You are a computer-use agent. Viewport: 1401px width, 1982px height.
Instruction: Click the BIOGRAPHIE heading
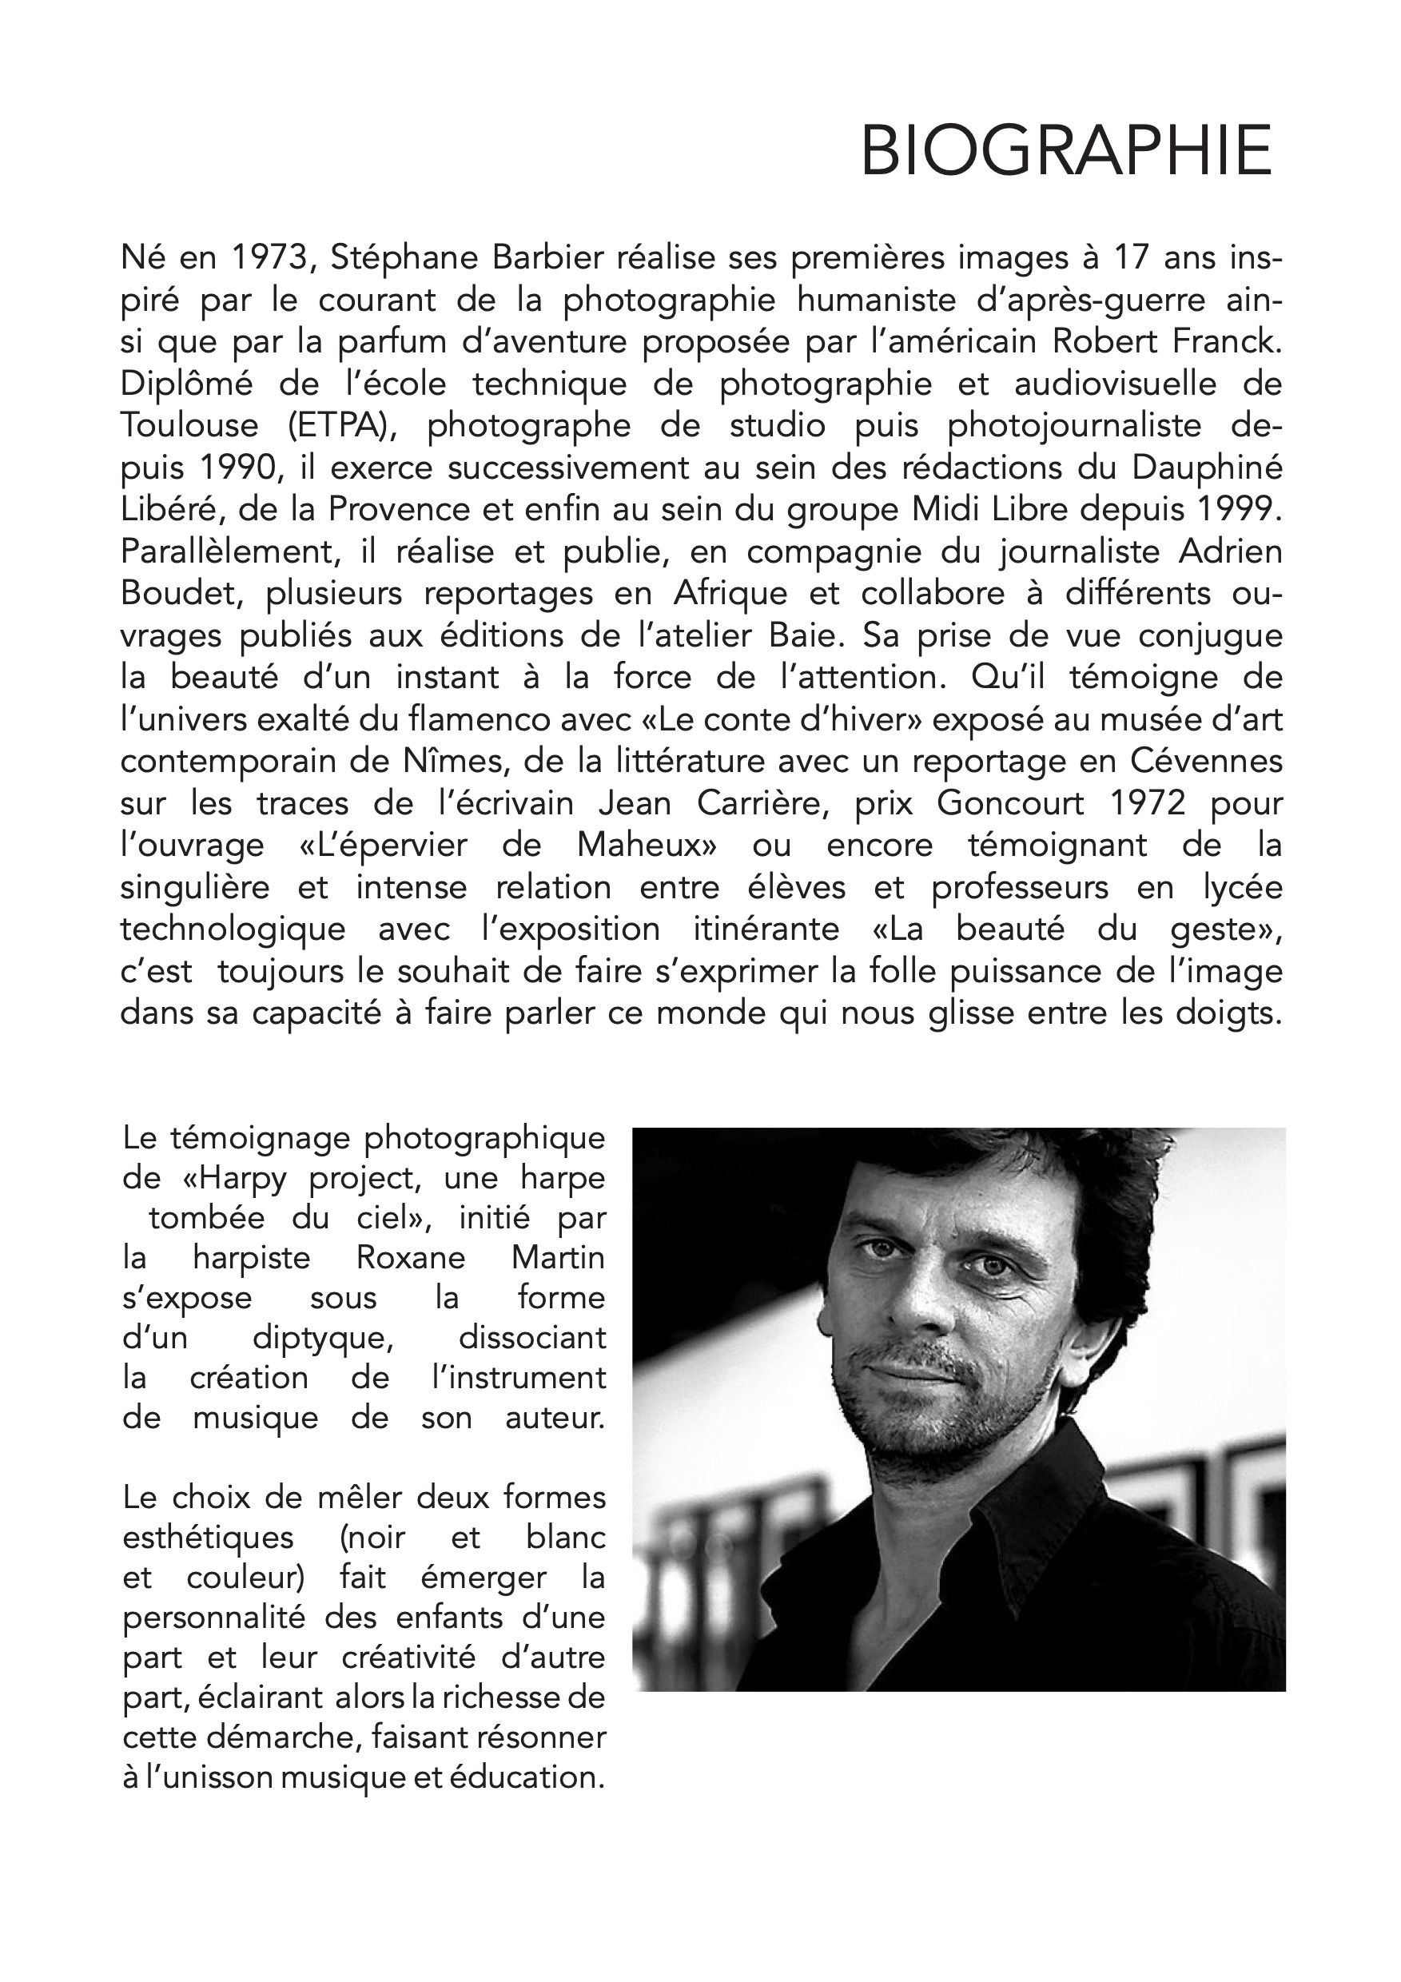1066,151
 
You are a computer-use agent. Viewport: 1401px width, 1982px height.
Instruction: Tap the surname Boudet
181,594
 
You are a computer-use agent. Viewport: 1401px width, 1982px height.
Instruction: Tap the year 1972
1145,804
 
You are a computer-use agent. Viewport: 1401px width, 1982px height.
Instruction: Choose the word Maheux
648,845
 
